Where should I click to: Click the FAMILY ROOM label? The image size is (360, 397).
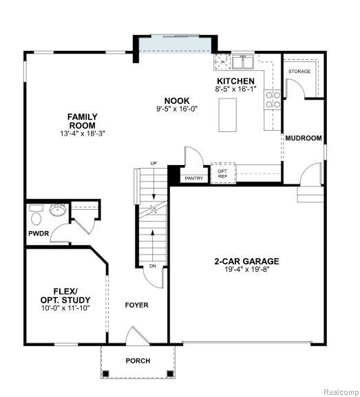click(x=83, y=121)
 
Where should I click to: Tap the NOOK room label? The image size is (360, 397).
click(x=177, y=100)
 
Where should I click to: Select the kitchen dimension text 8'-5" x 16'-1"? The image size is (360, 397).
click(x=235, y=89)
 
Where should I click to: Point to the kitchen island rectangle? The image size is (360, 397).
click(x=228, y=115)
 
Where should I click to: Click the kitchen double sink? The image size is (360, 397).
click(x=243, y=63)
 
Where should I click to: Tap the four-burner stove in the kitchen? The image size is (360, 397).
click(x=273, y=100)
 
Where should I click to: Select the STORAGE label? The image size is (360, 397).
click(x=299, y=72)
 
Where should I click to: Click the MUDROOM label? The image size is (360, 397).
click(x=304, y=138)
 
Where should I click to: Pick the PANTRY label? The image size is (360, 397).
click(x=194, y=178)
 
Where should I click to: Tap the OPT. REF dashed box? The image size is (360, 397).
click(x=223, y=173)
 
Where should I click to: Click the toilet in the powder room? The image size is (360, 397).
click(x=36, y=215)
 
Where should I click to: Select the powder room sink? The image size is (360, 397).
click(x=58, y=210)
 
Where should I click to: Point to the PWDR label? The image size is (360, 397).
click(x=39, y=233)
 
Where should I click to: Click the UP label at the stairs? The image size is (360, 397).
click(x=153, y=164)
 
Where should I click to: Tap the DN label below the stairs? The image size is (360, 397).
click(x=153, y=266)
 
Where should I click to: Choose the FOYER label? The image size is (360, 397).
click(x=137, y=305)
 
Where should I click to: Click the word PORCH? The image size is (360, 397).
click(x=138, y=361)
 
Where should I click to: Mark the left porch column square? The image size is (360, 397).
click(x=105, y=374)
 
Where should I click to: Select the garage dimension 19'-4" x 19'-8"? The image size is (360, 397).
click(x=247, y=269)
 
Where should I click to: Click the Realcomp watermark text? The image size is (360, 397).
click(x=340, y=391)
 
